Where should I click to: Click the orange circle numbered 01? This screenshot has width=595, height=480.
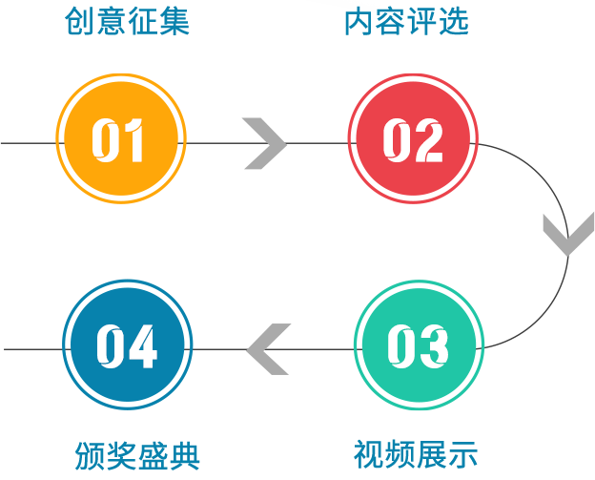point(120,138)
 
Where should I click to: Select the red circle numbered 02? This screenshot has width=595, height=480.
point(412,138)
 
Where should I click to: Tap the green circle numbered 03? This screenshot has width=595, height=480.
point(418,345)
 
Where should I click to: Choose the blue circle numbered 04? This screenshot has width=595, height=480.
point(127,345)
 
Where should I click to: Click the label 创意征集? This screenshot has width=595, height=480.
point(127,19)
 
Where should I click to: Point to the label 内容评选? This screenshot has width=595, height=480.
point(406,19)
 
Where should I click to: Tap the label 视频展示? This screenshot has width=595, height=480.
point(415,454)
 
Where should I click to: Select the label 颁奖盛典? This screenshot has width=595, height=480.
point(137,455)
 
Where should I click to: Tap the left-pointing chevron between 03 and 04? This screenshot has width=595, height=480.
point(268,348)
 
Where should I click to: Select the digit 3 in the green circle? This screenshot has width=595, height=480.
point(434,346)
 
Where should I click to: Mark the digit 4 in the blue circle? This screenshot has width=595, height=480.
point(143,346)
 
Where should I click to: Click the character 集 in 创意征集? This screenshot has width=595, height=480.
point(174,19)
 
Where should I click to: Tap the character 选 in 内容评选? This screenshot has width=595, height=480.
point(453,19)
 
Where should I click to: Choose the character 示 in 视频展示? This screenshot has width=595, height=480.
point(462,454)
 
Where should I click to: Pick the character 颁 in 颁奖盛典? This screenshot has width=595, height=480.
point(91,455)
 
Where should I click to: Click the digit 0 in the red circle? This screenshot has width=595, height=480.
point(397,140)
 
